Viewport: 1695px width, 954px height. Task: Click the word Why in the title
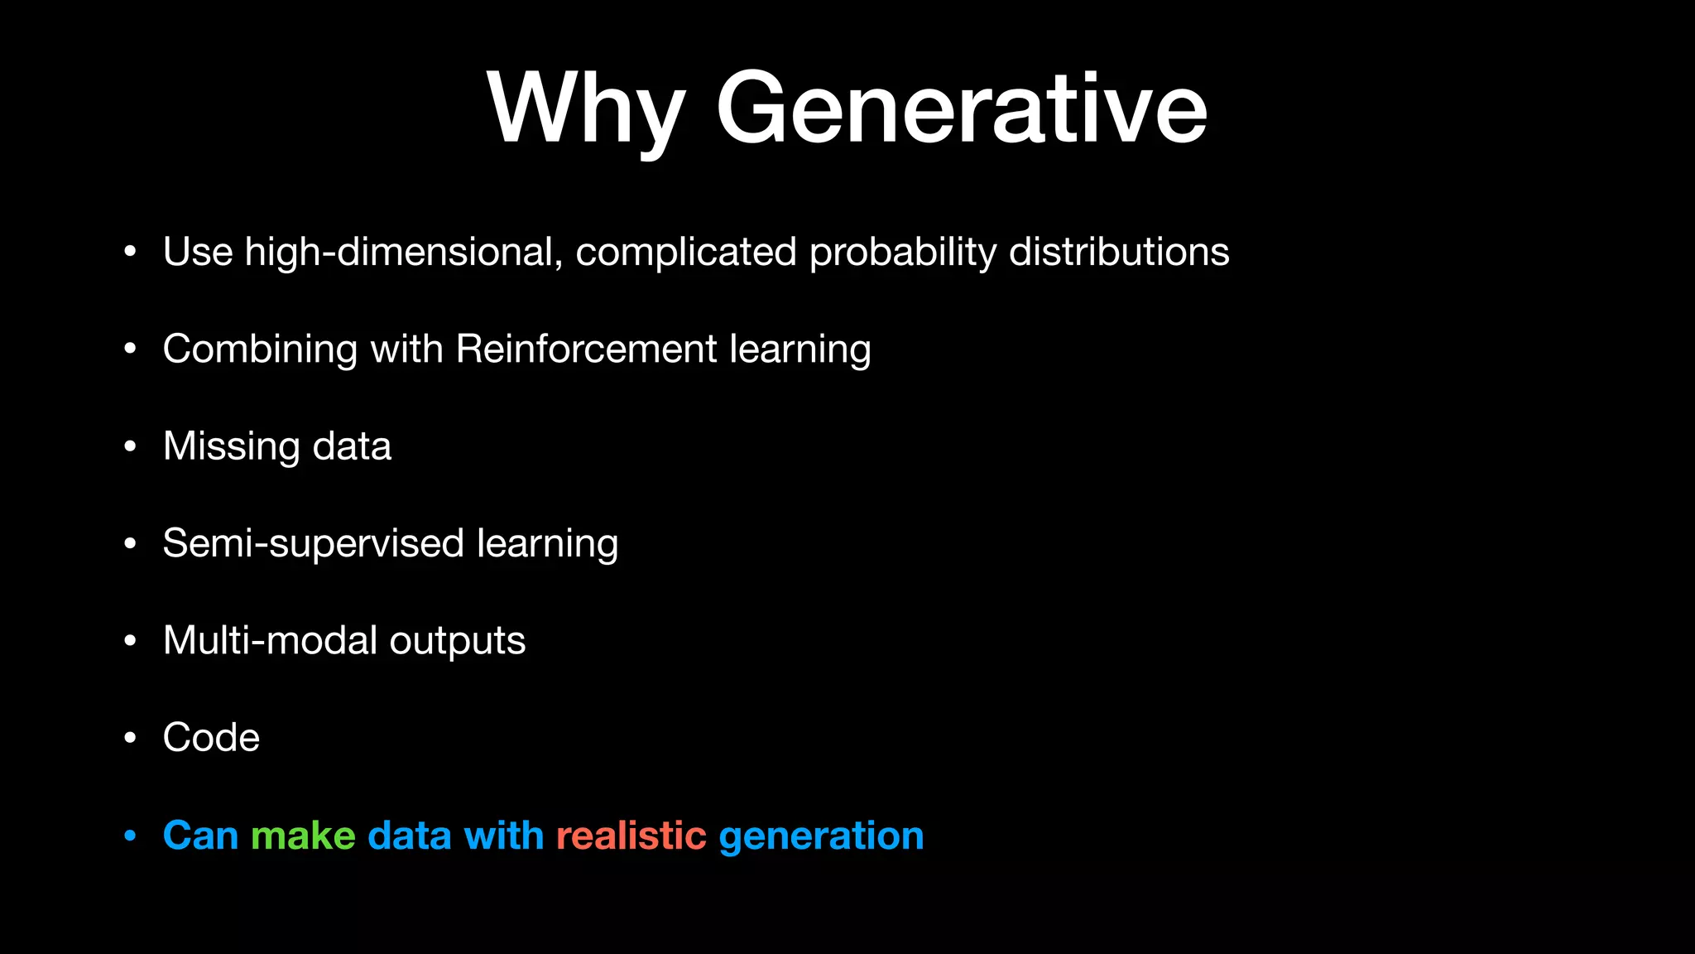(x=586, y=109)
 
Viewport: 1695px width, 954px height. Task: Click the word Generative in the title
(x=961, y=109)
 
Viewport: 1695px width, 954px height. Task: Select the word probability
(x=902, y=252)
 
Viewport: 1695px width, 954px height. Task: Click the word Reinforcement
(x=586, y=349)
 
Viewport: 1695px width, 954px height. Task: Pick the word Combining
(x=260, y=349)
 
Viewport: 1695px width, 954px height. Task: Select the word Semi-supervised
(x=314, y=543)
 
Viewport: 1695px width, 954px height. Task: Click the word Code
(x=211, y=738)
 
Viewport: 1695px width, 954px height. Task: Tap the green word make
(x=303, y=836)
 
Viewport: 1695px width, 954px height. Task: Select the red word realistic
(x=631, y=836)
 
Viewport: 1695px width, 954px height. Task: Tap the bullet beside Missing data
(x=130, y=447)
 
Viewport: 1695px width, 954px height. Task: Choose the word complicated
(x=685, y=252)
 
